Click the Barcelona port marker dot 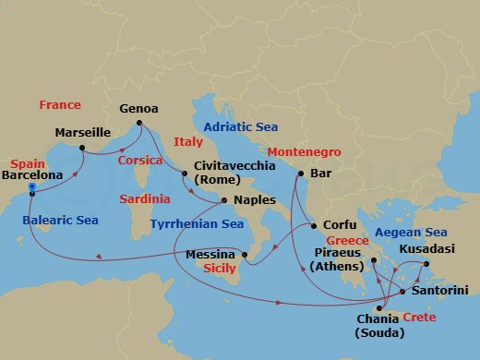pos(32,187)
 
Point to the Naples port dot pos(223,199)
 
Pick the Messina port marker pos(244,254)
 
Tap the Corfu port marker pos(314,224)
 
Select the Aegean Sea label pos(410,232)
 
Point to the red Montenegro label pos(305,150)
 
